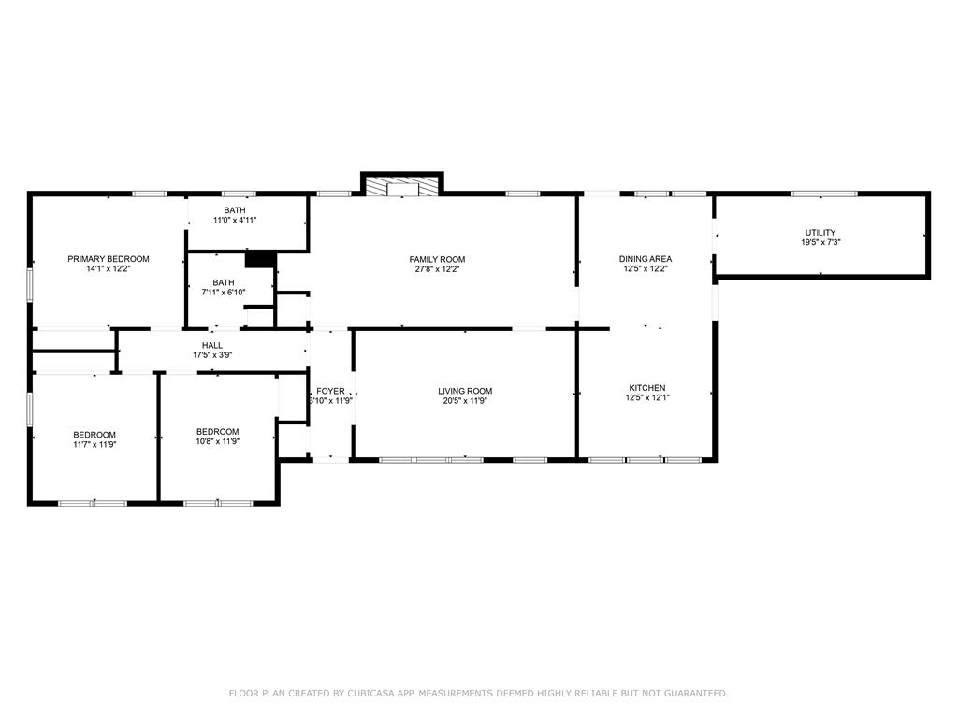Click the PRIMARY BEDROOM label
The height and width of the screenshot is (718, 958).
coord(109,259)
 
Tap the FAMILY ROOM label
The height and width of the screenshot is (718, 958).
coord(437,260)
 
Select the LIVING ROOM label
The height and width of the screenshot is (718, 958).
coord(465,392)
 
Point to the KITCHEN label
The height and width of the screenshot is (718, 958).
coord(647,388)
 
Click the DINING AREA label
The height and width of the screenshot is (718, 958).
coord(646,259)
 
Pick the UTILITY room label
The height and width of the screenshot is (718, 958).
coord(820,233)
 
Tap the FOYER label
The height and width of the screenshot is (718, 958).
coord(330,392)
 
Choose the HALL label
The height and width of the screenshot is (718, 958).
coord(212,346)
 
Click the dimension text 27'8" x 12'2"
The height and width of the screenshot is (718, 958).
coord(437,269)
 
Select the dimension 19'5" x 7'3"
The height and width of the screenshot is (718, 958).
coord(820,242)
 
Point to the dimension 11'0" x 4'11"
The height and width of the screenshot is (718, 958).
coord(235,221)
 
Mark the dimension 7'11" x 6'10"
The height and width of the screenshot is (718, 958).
coord(224,293)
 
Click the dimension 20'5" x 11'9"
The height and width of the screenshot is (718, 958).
coord(465,401)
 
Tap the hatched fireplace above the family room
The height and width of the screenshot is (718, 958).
coord(402,187)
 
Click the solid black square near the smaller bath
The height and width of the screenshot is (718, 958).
coord(260,259)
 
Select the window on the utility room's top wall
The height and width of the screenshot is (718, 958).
coord(824,194)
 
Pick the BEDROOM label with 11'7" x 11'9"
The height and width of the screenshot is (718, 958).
coord(94,436)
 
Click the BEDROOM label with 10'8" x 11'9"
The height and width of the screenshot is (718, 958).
coord(217,432)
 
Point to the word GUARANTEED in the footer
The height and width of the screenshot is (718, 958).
coord(696,693)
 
